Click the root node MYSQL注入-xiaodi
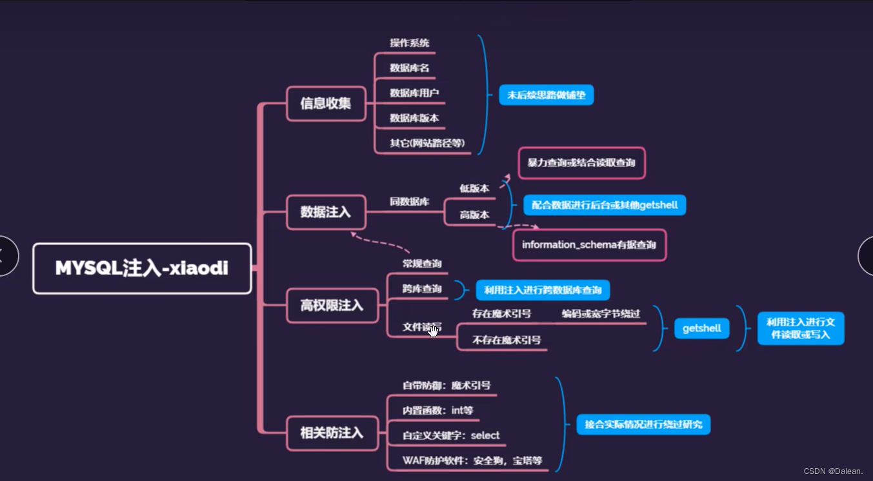(x=142, y=268)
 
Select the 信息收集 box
(x=326, y=103)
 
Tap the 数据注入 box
(x=326, y=212)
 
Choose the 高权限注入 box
(x=332, y=305)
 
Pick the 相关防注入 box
(x=332, y=433)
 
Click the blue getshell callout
(x=701, y=328)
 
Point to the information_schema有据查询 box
(x=589, y=245)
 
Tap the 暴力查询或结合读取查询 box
(x=581, y=163)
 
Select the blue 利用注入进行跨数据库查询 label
(x=543, y=290)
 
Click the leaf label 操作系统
(x=410, y=43)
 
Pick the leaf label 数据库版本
(x=414, y=118)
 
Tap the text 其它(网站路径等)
(x=427, y=143)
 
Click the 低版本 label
(x=474, y=188)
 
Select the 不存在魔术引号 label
(x=507, y=340)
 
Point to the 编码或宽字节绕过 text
(x=600, y=314)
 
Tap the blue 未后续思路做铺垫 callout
(x=546, y=95)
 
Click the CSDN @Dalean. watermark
(x=833, y=471)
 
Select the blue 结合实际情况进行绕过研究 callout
(x=643, y=424)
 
